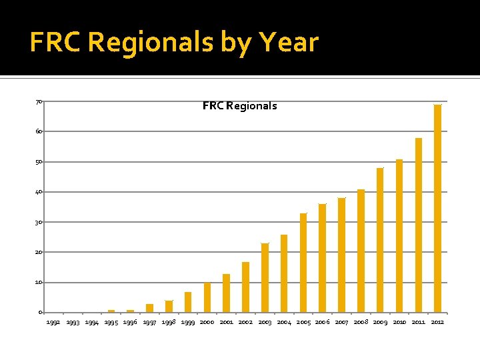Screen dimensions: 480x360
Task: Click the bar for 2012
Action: pyautogui.click(x=438, y=209)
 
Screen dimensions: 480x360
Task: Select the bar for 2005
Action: pyautogui.click(x=303, y=263)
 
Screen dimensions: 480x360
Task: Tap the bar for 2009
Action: pyautogui.click(x=380, y=240)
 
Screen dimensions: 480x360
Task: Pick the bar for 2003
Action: pyautogui.click(x=265, y=278)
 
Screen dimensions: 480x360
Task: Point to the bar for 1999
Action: pyautogui.click(x=188, y=302)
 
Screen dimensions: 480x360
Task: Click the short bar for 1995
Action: pyautogui.click(x=111, y=311)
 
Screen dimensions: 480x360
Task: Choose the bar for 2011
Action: pyautogui.click(x=419, y=225)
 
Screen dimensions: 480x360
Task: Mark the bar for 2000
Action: pyautogui.click(x=207, y=297)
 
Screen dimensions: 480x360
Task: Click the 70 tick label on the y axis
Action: pyautogui.click(x=39, y=101)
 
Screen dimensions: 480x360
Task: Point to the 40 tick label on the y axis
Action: pyautogui.click(x=39, y=192)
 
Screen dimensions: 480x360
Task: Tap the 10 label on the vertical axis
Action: pyautogui.click(x=39, y=283)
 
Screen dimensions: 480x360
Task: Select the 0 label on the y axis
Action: pyautogui.click(x=41, y=313)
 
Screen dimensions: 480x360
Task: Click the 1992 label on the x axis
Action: pyautogui.click(x=53, y=322)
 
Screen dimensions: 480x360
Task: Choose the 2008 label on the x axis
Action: pyautogui.click(x=361, y=322)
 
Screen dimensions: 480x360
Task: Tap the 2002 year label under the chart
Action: pyautogui.click(x=245, y=322)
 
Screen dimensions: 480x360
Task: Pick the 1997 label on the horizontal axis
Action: pyautogui.click(x=149, y=322)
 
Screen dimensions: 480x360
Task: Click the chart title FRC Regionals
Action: pyautogui.click(x=240, y=106)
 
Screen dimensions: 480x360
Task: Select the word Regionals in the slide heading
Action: pyautogui.click(x=151, y=43)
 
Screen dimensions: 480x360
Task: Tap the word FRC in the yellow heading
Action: pyautogui.click(x=55, y=41)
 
